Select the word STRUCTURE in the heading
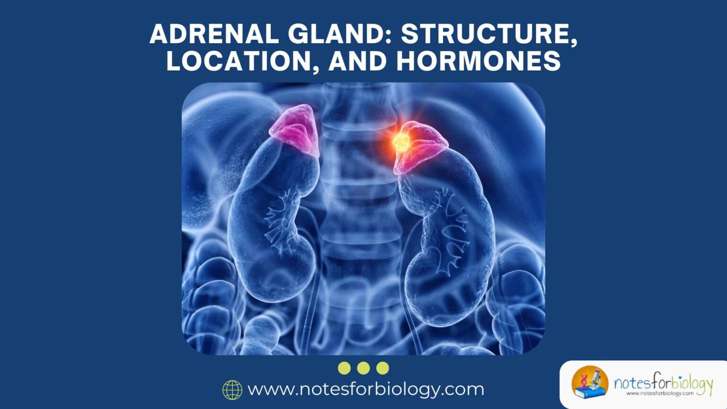click(x=489, y=35)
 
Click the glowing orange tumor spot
click(x=401, y=141)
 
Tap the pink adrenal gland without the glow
click(x=295, y=131)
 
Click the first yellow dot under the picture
click(x=345, y=368)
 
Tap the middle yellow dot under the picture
click(x=363, y=368)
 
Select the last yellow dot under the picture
click(x=382, y=368)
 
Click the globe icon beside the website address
click(x=232, y=390)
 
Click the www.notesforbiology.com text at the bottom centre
click(x=366, y=389)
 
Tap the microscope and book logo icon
click(x=590, y=382)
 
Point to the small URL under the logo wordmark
click(x=660, y=393)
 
